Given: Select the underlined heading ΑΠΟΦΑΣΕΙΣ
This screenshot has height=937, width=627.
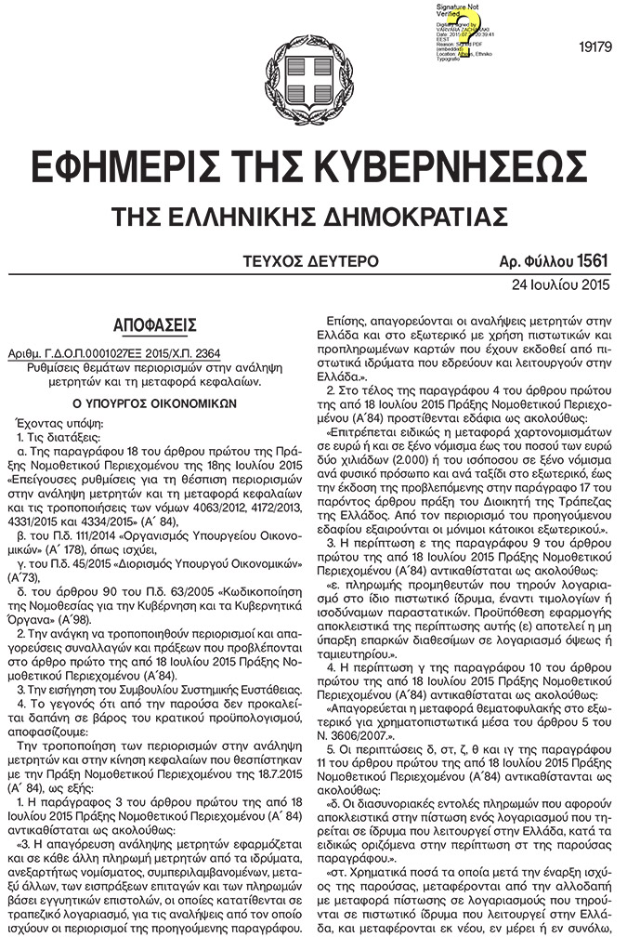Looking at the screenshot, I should click(155, 325).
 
